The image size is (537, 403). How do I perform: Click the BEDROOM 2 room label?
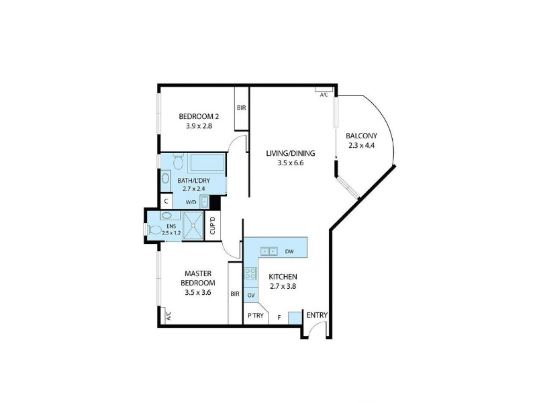pyautogui.click(x=199, y=116)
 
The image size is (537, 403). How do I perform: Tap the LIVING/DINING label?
pyautogui.click(x=291, y=154)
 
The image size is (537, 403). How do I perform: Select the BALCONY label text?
pyautogui.click(x=361, y=136)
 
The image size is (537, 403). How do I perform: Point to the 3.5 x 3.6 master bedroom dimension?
pyautogui.click(x=197, y=293)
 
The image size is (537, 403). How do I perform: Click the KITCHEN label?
pyautogui.click(x=283, y=277)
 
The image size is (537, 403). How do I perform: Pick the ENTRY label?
pyautogui.click(x=317, y=315)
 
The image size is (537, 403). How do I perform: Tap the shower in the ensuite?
pyautogui.click(x=193, y=226)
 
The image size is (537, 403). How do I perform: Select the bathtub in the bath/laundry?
pyautogui.click(x=207, y=163)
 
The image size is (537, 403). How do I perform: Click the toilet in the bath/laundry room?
pyautogui.click(x=178, y=161)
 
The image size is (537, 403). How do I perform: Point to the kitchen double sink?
pyautogui.click(x=269, y=251)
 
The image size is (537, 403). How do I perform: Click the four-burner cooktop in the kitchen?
pyautogui.click(x=250, y=273)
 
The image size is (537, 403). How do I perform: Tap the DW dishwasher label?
pyautogui.click(x=289, y=252)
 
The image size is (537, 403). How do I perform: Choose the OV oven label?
pyautogui.click(x=250, y=296)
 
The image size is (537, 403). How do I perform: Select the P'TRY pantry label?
pyautogui.click(x=256, y=315)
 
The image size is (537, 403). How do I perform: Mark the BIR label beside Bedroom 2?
pyautogui.click(x=242, y=108)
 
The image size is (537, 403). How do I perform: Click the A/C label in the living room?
pyautogui.click(x=324, y=95)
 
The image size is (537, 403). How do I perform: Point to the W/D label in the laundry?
pyautogui.click(x=191, y=203)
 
